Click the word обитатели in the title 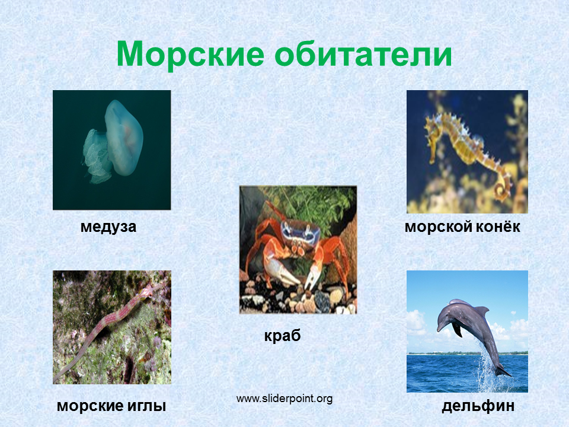[363, 54]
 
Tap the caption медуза [108, 227]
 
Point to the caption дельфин [478, 406]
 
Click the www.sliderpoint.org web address [284, 399]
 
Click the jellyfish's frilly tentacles [95, 157]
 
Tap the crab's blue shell [300, 232]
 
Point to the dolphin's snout [439, 327]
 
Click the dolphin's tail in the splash [503, 371]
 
